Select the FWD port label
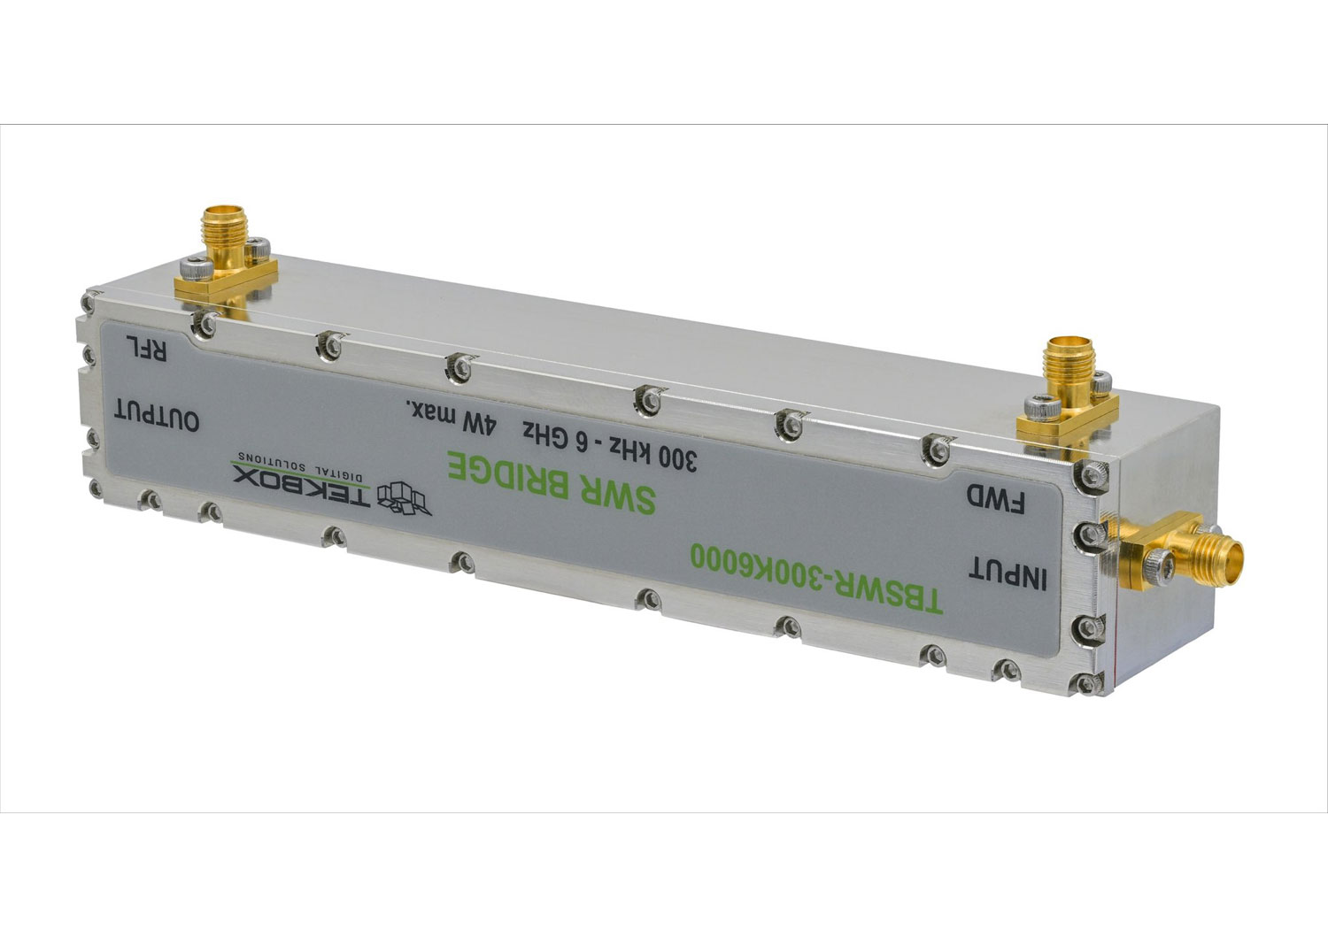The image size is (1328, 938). click(995, 499)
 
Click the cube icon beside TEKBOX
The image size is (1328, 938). click(405, 498)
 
